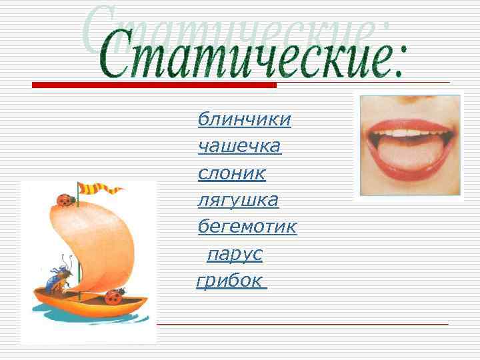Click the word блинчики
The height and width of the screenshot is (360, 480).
pyautogui.click(x=244, y=119)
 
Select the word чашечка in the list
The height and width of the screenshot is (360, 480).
pyautogui.click(x=239, y=146)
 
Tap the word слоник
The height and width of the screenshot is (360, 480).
pyautogui.click(x=231, y=173)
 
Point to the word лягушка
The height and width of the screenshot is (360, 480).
pyautogui.click(x=238, y=200)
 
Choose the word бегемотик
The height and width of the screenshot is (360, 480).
pyautogui.click(x=247, y=227)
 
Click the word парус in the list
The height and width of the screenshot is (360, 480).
pyautogui.click(x=235, y=254)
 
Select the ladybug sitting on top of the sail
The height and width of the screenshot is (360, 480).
pyautogui.click(x=65, y=198)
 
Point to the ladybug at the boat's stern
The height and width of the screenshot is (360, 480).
pyautogui.click(x=114, y=295)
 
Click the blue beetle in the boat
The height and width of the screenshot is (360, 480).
pyautogui.click(x=59, y=277)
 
